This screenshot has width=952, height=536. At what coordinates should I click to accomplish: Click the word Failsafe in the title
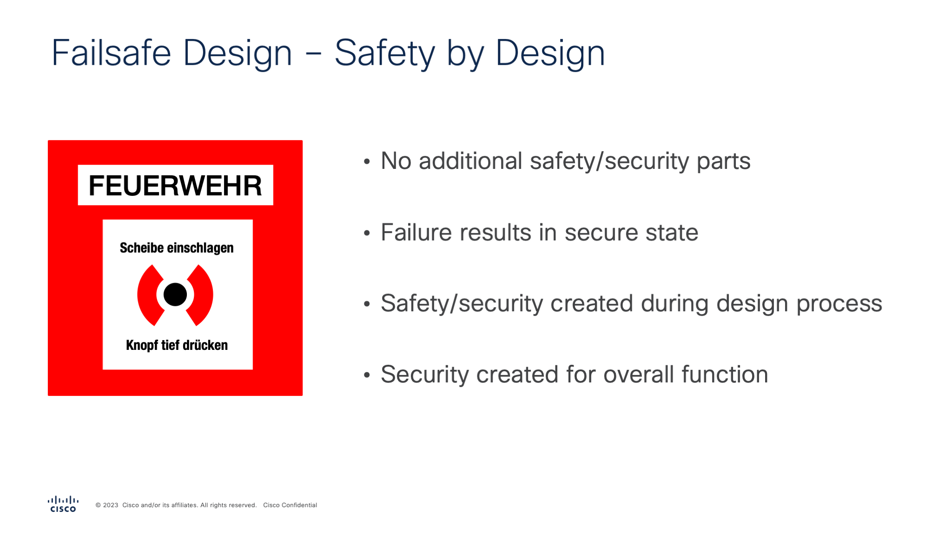pos(112,53)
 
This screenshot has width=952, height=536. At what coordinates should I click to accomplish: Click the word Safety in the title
pos(384,53)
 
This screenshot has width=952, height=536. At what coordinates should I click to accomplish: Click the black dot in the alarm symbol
pos(175,295)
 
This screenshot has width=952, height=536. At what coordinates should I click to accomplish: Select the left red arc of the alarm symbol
pos(148,295)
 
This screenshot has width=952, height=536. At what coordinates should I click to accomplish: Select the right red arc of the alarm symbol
pos(202,295)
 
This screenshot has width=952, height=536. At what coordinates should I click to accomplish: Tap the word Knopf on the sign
pos(142,345)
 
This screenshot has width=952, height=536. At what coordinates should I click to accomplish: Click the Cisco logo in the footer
pos(63,504)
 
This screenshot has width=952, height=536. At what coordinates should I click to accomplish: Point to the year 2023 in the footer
pos(111,505)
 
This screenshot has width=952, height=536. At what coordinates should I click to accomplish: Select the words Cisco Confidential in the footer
pos(290,505)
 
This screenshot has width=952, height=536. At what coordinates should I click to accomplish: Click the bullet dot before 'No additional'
pos(367,162)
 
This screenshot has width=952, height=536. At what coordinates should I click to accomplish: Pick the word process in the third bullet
pos(839,304)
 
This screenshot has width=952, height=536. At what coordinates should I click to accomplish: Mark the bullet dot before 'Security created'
pos(367,375)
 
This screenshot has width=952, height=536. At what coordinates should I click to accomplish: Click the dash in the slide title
pos(313,54)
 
